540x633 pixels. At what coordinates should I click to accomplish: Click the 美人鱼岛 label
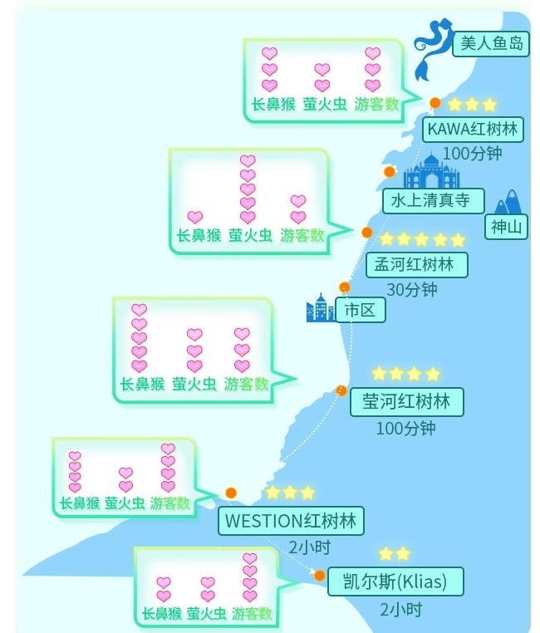pos(490,44)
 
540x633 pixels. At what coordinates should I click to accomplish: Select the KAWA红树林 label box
pos(472,130)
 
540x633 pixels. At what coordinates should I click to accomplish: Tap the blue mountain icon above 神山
pos(507,202)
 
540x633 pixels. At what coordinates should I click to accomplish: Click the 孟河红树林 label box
pos(416,265)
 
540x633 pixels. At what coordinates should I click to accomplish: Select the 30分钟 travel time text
pos(411,290)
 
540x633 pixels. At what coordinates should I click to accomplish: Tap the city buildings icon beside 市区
pos(321,309)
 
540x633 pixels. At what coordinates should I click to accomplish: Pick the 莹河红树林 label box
pos(406,402)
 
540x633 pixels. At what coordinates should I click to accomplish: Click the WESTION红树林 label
pos(291,522)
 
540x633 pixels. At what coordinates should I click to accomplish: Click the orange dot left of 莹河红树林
pos(341,390)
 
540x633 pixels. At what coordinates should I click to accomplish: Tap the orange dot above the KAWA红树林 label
pos(434,103)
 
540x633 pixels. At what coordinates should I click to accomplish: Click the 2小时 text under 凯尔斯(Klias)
pos(400,609)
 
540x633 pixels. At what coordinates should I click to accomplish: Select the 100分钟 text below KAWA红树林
pos(472,154)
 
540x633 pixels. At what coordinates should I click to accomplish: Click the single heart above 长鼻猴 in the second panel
pos(195,218)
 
